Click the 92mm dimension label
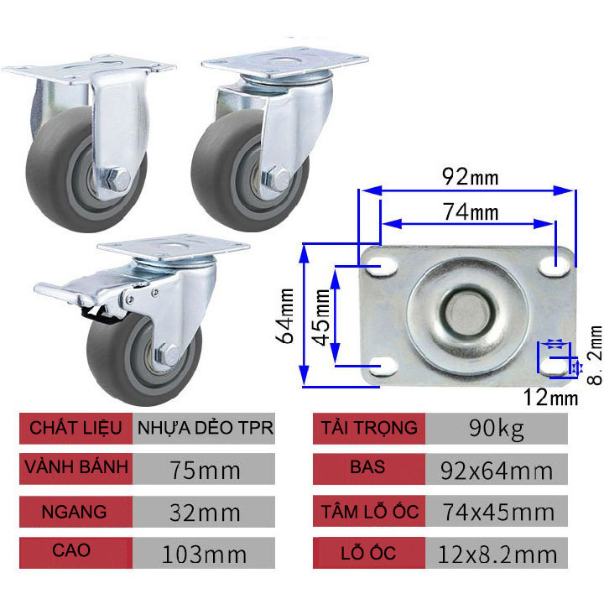(471, 177)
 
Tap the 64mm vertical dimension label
(288, 314)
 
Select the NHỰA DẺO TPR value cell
(206, 428)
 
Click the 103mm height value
(206, 554)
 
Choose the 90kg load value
(497, 429)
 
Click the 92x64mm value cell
(497, 470)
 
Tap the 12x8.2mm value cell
(497, 554)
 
